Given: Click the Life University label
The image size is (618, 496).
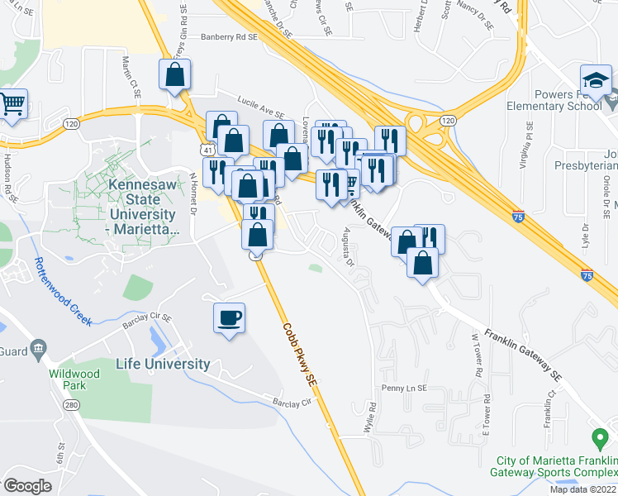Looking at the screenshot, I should click(164, 364).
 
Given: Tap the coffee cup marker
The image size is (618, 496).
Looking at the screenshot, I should click(229, 317).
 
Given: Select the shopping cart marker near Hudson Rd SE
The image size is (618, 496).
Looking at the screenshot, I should click(12, 105).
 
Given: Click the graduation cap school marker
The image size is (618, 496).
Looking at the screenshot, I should click(595, 80).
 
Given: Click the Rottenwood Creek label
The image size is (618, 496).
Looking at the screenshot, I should click(62, 291).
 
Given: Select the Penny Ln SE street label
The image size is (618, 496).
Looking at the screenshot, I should click(402, 388).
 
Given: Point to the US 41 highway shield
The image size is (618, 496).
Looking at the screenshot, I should click(205, 147).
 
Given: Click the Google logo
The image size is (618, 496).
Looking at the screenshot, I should click(28, 485).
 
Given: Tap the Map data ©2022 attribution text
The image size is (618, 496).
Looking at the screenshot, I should click(582, 489).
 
